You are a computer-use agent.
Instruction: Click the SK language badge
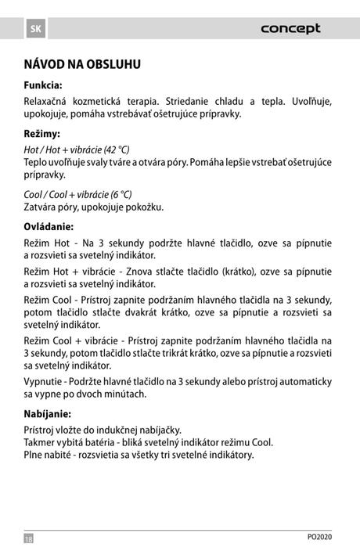coord(34,29)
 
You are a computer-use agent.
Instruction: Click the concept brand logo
coord(290,29)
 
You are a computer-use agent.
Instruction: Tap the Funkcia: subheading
coord(42,85)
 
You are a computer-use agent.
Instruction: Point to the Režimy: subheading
coord(41,134)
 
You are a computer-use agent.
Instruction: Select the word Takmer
coord(39,442)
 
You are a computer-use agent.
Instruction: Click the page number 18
coord(29,538)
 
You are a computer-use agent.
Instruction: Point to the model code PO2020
coord(319,537)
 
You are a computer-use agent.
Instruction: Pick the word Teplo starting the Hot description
coord(36,162)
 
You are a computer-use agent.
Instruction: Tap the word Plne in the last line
coord(34,455)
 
